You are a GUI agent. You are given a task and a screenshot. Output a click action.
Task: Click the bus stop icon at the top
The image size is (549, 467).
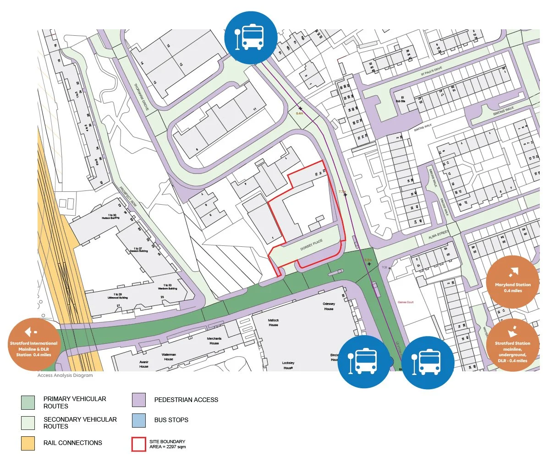[x=251, y=37]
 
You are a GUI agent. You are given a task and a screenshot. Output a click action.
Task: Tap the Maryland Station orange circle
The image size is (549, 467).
[x=512, y=282]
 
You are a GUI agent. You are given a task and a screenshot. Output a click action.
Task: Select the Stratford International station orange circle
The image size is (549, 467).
[x=34, y=345]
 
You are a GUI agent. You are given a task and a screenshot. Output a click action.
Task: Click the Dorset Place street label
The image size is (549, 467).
[x=312, y=244]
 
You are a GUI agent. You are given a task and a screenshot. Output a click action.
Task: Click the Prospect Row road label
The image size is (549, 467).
[x=128, y=196]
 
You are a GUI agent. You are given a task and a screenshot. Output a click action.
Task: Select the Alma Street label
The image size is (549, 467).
[x=438, y=235]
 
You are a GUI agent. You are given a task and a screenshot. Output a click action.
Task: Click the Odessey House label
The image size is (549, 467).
[x=329, y=306]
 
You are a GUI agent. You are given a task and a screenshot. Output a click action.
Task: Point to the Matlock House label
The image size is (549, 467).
[x=273, y=323]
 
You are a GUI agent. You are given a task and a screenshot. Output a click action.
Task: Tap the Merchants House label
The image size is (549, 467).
[x=214, y=341]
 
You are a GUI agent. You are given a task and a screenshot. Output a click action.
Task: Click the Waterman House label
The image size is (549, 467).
[x=169, y=357]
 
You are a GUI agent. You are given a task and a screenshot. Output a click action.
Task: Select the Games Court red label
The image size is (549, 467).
[x=406, y=302]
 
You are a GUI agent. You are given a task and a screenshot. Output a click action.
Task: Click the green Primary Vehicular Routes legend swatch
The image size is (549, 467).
[x=28, y=402]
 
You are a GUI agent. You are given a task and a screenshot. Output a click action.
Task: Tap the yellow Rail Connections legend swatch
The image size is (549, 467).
[x=28, y=443]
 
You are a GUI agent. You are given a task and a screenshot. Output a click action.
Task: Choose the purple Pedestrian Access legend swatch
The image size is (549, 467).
[x=139, y=400]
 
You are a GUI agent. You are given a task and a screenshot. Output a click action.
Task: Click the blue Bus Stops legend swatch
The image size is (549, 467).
[x=139, y=420]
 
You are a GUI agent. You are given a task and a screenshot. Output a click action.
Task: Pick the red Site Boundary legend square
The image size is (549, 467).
[x=139, y=444]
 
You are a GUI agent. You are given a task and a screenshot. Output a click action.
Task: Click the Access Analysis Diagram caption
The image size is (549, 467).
[x=65, y=375]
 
